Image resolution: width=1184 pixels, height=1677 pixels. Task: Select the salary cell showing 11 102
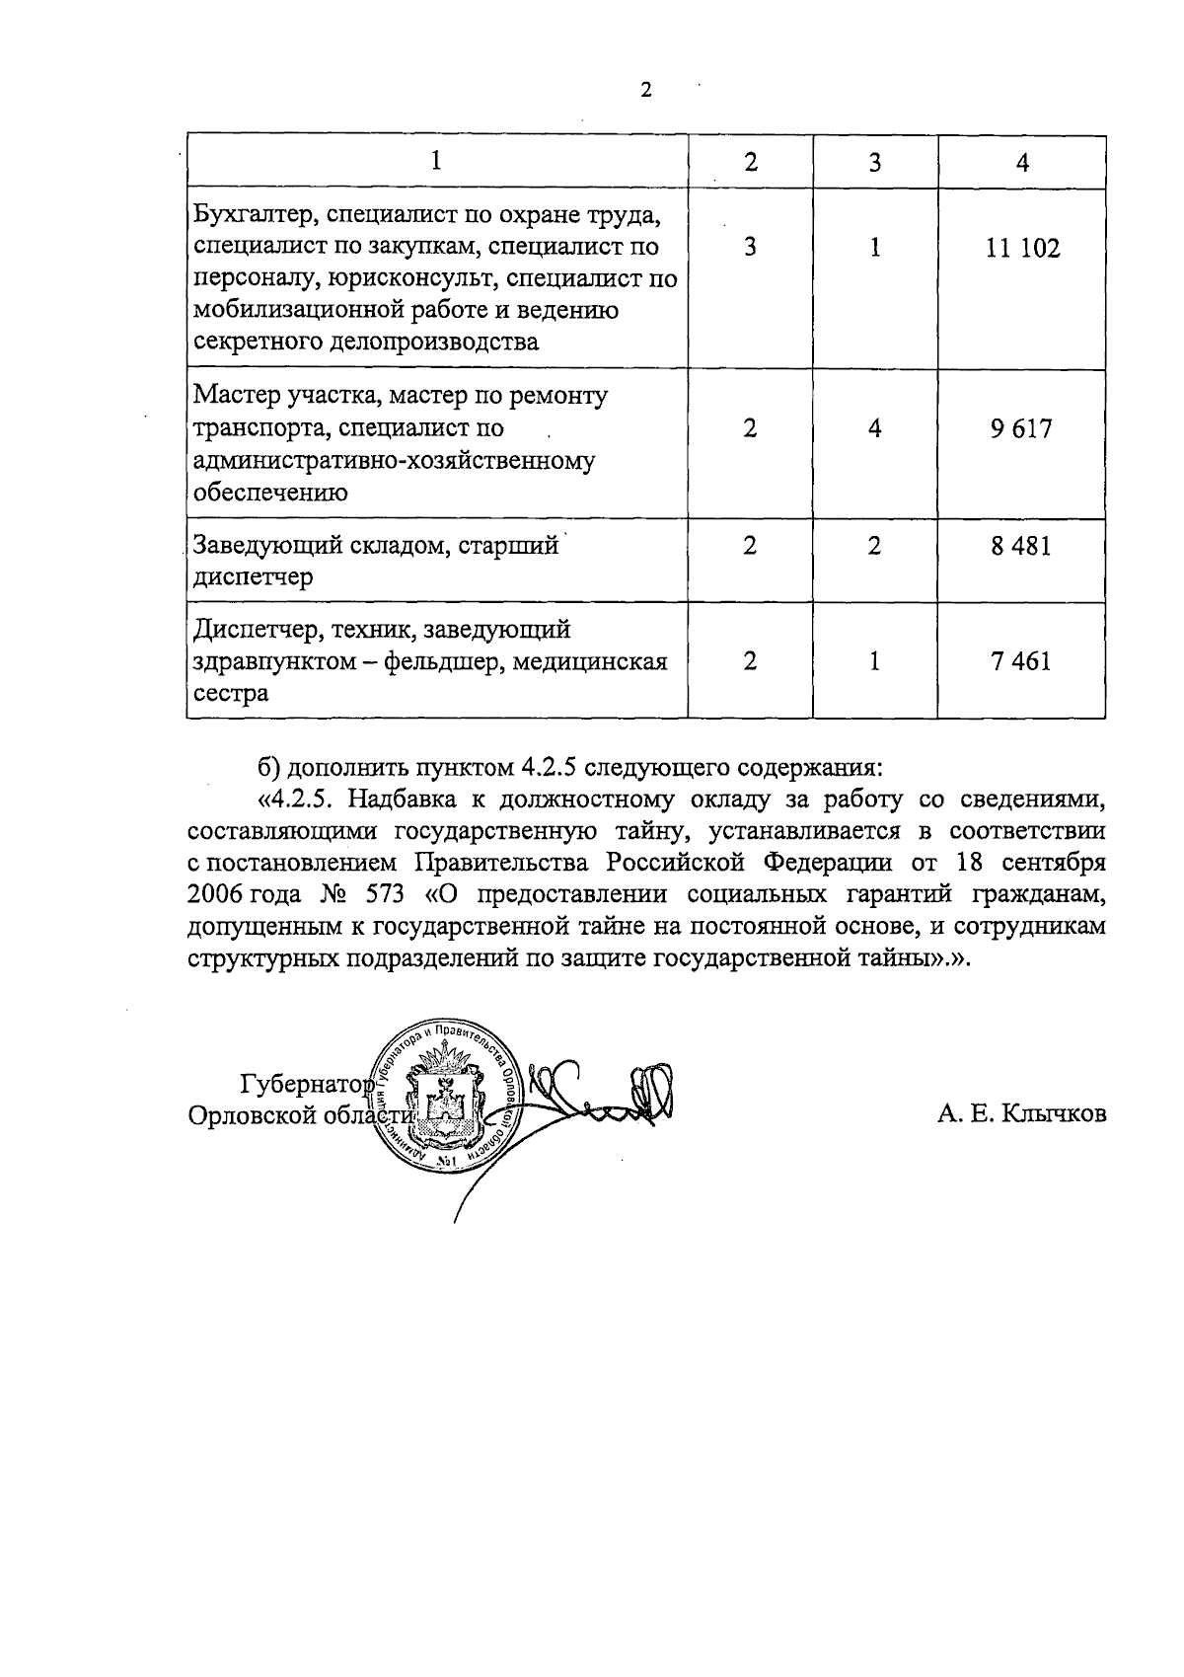(x=1022, y=248)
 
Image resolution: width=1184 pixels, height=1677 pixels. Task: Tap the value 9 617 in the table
(x=1022, y=429)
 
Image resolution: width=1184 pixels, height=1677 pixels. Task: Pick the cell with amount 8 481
(x=1022, y=546)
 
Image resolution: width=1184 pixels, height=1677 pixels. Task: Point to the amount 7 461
(x=1022, y=660)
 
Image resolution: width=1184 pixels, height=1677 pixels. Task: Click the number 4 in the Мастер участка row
(x=874, y=429)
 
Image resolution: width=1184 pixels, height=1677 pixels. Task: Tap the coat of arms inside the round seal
(x=446, y=1097)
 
